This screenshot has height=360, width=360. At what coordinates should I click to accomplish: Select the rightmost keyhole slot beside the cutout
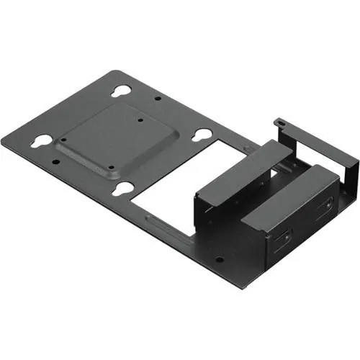point(203,135)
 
